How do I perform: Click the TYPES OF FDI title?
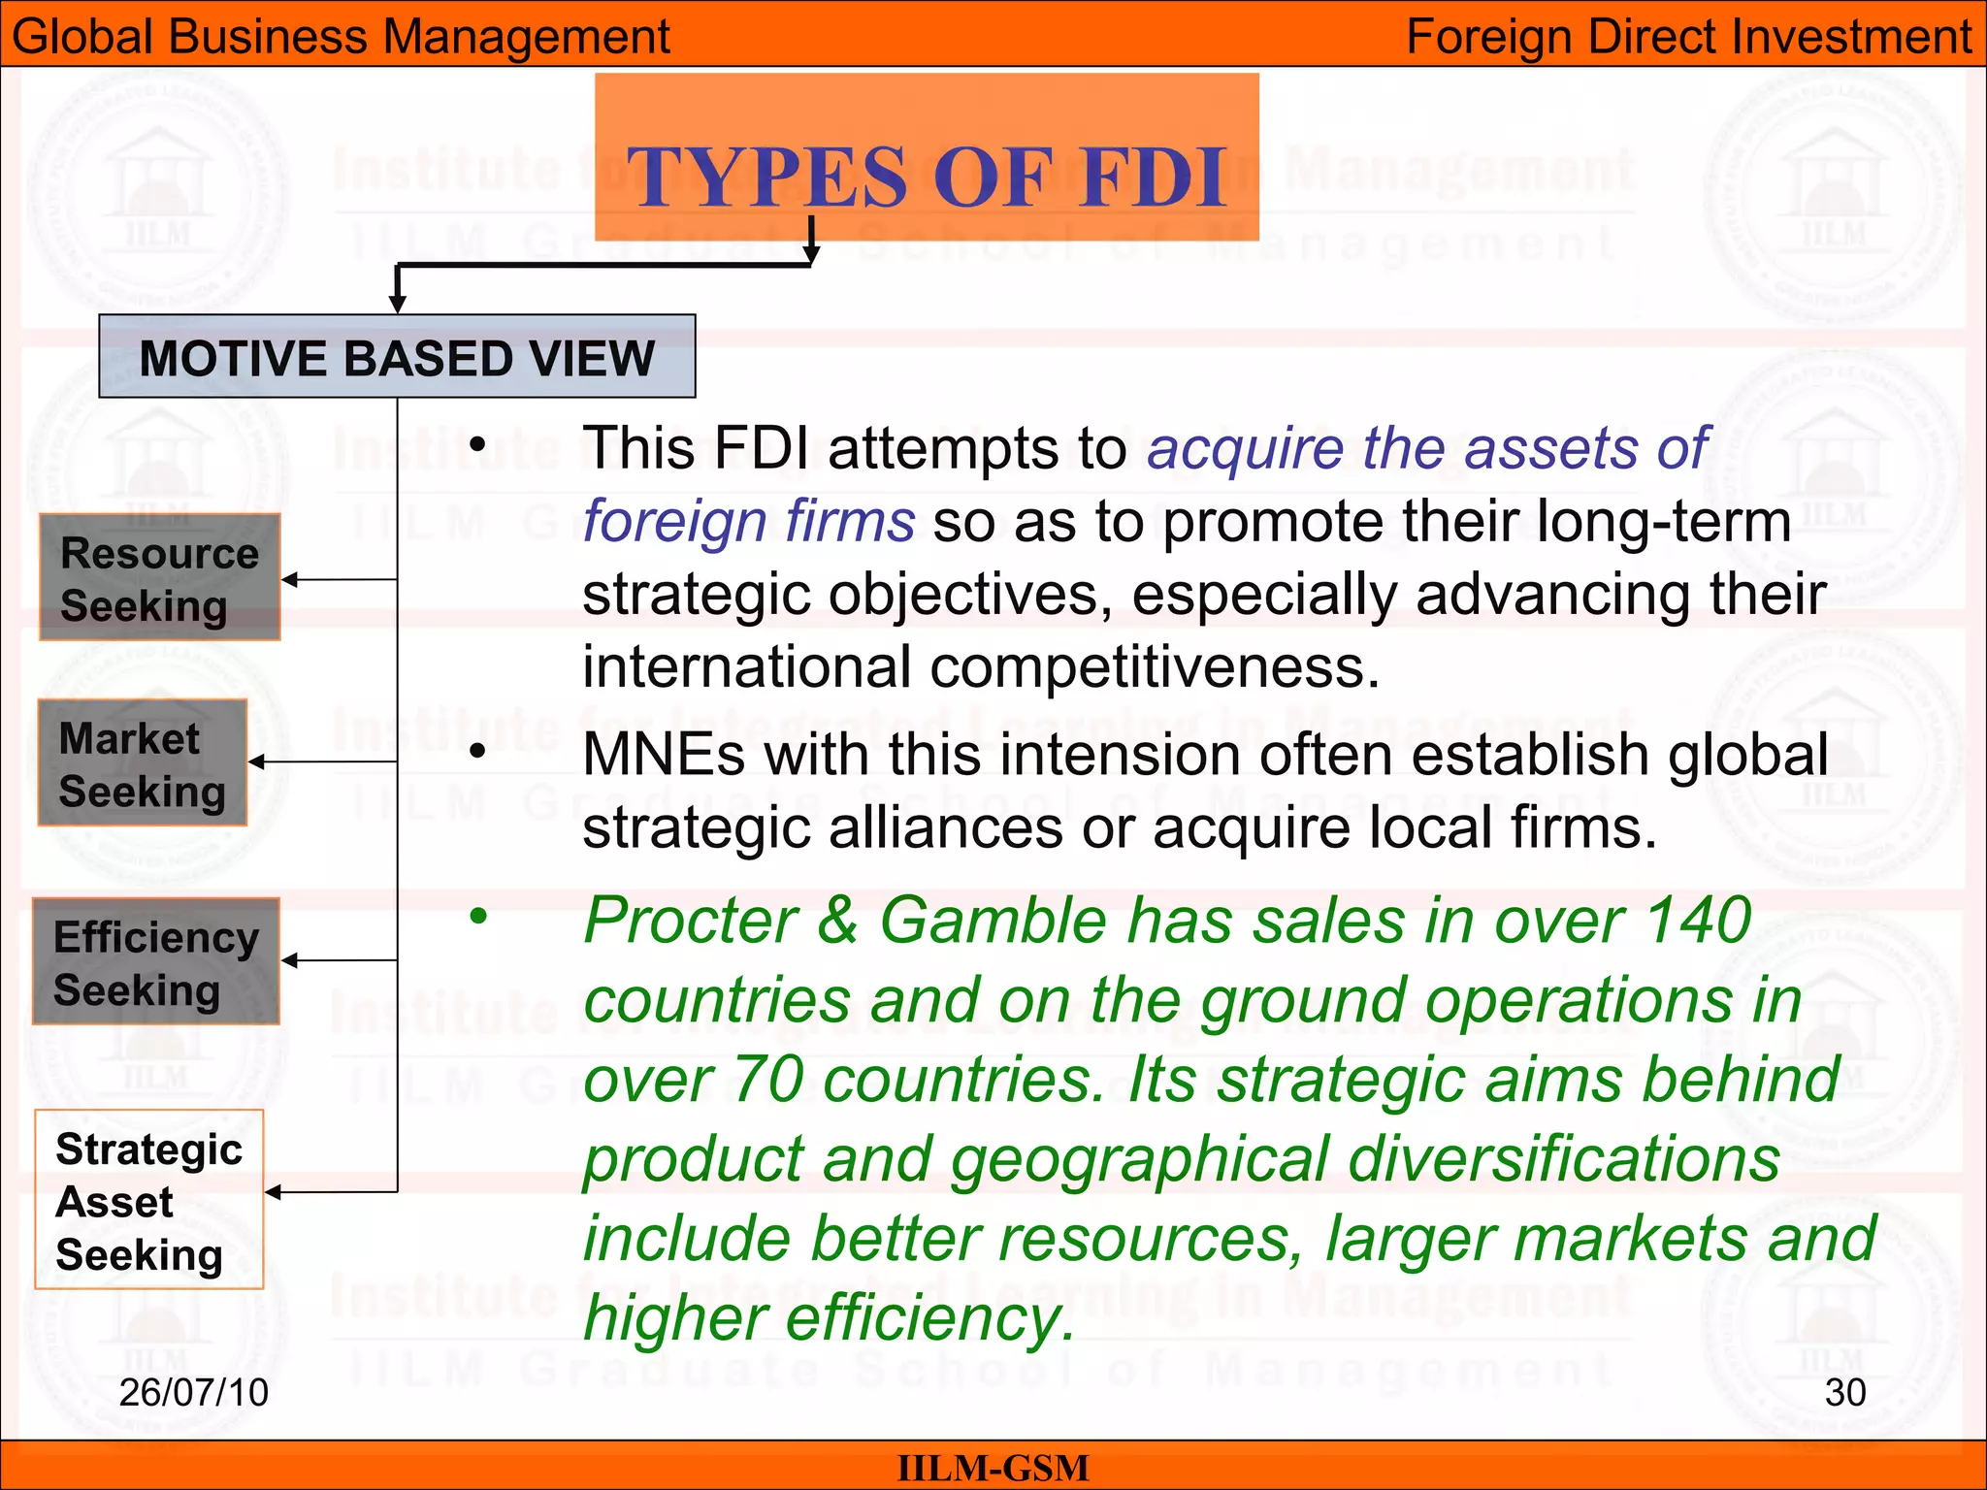click(x=927, y=177)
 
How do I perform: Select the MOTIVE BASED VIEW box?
click(x=397, y=357)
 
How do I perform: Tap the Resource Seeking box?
click(x=160, y=578)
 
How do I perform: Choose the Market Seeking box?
click(x=143, y=763)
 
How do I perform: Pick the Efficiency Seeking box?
click(x=156, y=962)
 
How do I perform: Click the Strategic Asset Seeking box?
click(x=149, y=1200)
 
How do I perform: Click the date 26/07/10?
click(x=193, y=1392)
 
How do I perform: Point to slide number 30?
click(x=1844, y=1392)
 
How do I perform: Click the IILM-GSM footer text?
click(x=993, y=1468)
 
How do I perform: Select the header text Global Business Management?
click(x=341, y=37)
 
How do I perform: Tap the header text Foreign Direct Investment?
click(x=1688, y=37)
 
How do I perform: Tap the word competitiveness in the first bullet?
click(x=1154, y=667)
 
